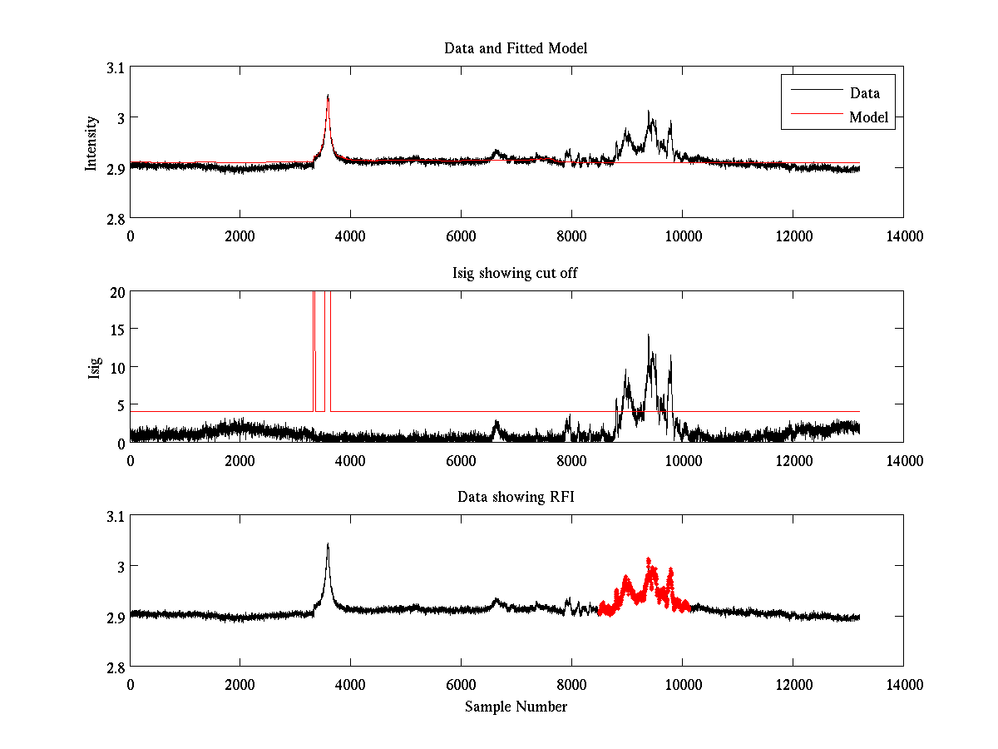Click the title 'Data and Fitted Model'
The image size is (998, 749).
tap(516, 48)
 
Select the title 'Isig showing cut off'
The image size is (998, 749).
tap(516, 273)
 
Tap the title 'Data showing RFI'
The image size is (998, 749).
tap(516, 497)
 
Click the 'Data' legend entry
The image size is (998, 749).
tap(864, 92)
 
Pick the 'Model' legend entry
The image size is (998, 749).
tap(868, 117)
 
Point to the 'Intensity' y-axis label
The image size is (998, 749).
tap(92, 143)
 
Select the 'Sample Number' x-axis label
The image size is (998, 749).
tap(516, 707)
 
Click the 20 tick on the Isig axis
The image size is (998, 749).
tap(116, 292)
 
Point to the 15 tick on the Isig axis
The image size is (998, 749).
tap(116, 330)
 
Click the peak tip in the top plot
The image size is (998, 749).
tap(328, 96)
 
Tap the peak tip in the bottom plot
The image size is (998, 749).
tap(328, 544)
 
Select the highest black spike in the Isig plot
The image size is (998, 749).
tap(648, 335)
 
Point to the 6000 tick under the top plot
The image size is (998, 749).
tap(461, 236)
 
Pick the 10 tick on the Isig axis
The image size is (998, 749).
tap(116, 367)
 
